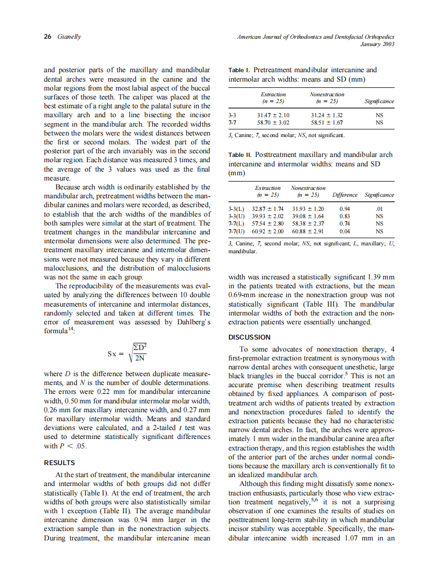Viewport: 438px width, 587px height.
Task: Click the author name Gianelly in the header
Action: pos(68,37)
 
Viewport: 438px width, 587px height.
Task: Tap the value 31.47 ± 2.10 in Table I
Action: pos(273,115)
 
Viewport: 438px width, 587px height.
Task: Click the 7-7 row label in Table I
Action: pos(234,122)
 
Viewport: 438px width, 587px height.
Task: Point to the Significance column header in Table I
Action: pos(379,101)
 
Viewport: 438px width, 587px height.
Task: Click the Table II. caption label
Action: pos(240,155)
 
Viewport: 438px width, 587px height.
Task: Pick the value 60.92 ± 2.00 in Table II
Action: pos(268,230)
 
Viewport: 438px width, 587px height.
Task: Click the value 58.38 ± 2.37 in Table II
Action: pos(307,223)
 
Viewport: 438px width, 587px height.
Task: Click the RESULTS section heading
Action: pos(60,462)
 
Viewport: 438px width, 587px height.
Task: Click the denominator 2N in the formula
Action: pos(140,358)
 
